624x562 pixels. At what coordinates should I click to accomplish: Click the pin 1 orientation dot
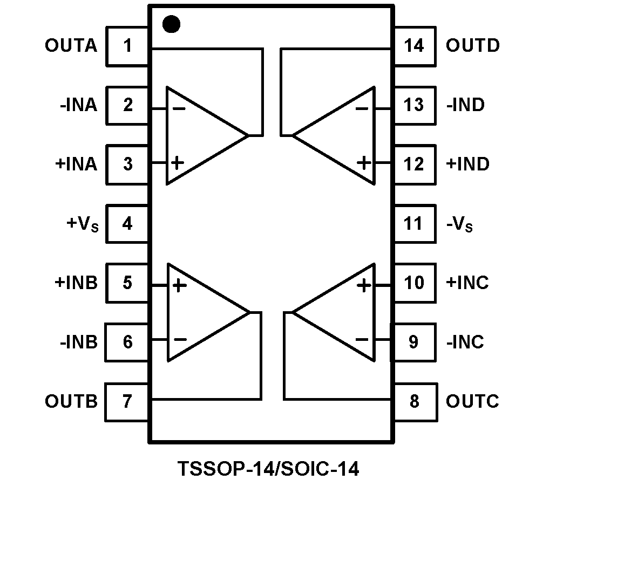tap(171, 24)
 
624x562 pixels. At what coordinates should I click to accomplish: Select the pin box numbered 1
tap(127, 46)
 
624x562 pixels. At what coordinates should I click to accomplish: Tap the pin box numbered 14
tap(414, 46)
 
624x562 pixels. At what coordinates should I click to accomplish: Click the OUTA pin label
tap(71, 46)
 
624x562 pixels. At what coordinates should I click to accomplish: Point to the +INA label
tap(76, 164)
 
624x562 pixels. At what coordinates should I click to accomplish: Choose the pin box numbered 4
tap(127, 223)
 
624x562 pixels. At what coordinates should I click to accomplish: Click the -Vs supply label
tap(459, 224)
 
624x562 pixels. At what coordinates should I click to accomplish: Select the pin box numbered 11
tap(414, 223)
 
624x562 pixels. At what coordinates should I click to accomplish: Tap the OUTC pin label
tap(472, 402)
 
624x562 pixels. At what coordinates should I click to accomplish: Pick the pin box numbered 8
tap(414, 402)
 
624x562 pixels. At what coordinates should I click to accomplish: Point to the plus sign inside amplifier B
tap(179, 285)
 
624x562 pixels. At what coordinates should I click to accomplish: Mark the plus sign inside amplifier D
tap(365, 162)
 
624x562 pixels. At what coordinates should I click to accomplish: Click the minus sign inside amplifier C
tap(362, 340)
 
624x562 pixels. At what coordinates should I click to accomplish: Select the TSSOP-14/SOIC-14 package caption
tap(268, 469)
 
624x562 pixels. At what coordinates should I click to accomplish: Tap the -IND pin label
tap(465, 105)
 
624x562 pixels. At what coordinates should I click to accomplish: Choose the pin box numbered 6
tap(127, 342)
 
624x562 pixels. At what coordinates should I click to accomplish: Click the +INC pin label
tap(467, 283)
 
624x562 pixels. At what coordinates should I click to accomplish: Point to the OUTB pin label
tap(71, 402)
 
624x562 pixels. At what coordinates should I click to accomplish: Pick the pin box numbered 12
tap(414, 164)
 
